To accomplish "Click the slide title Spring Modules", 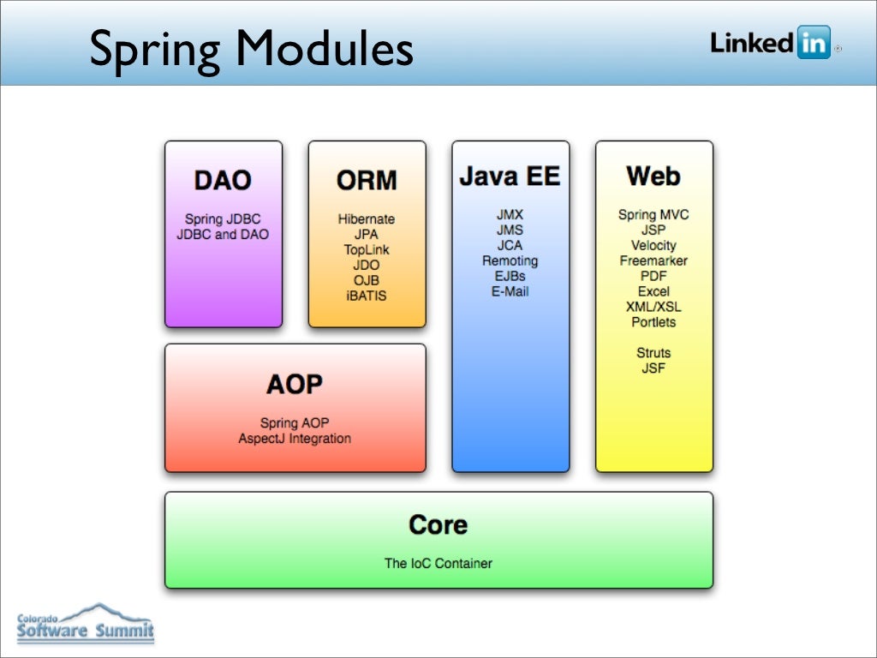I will (x=252, y=48).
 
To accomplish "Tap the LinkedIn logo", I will (x=771, y=43).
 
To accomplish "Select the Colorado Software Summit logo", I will (x=86, y=623).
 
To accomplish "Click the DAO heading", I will (x=223, y=180).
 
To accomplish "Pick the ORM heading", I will (x=367, y=180).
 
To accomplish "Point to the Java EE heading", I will (x=510, y=176).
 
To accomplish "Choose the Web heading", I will (x=653, y=176).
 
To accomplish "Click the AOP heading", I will (x=295, y=384).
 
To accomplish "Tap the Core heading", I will (x=438, y=524).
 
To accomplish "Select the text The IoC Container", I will (x=438, y=563).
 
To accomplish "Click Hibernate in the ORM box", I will (x=367, y=219).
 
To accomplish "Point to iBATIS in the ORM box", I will (x=367, y=296).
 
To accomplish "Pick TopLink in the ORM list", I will (x=367, y=249).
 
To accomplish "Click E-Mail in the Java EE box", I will (x=510, y=291).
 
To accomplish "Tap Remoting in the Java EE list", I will (x=510, y=260).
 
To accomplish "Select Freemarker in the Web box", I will (x=653, y=260).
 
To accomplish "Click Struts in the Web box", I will (x=653, y=353).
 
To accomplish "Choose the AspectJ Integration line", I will (x=295, y=439).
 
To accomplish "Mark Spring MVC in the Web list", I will (x=653, y=214).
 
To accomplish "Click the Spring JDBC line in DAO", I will (x=223, y=219).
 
